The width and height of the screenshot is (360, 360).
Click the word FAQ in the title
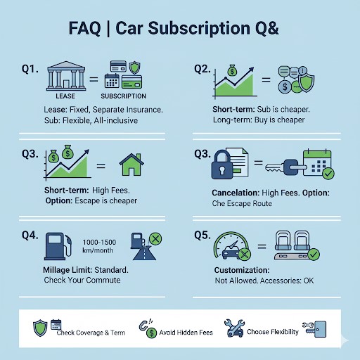point(84,28)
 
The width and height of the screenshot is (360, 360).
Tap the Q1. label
point(30,69)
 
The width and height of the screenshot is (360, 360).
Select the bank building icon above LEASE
point(66,76)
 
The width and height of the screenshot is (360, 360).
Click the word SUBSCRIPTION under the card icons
point(123,96)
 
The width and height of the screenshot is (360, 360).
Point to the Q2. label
point(202,69)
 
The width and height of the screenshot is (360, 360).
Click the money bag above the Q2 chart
point(232,70)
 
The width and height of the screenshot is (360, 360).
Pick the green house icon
point(131,165)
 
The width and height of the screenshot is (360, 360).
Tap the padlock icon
point(222,165)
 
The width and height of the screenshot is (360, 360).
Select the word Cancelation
point(236,193)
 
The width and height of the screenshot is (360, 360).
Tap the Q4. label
point(30,235)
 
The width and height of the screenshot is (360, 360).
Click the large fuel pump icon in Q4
point(58,246)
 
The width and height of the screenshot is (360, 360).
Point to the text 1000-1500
point(99,242)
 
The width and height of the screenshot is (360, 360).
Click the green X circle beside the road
point(155,239)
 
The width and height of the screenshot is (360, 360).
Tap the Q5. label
point(202,235)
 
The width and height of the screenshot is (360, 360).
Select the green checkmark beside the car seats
point(314,255)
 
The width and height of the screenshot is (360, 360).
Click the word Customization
point(242,270)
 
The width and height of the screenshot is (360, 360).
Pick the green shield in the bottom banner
point(40,328)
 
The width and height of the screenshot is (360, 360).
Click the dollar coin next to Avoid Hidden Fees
point(151,333)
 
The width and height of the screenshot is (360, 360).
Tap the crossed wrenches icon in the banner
point(234,328)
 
